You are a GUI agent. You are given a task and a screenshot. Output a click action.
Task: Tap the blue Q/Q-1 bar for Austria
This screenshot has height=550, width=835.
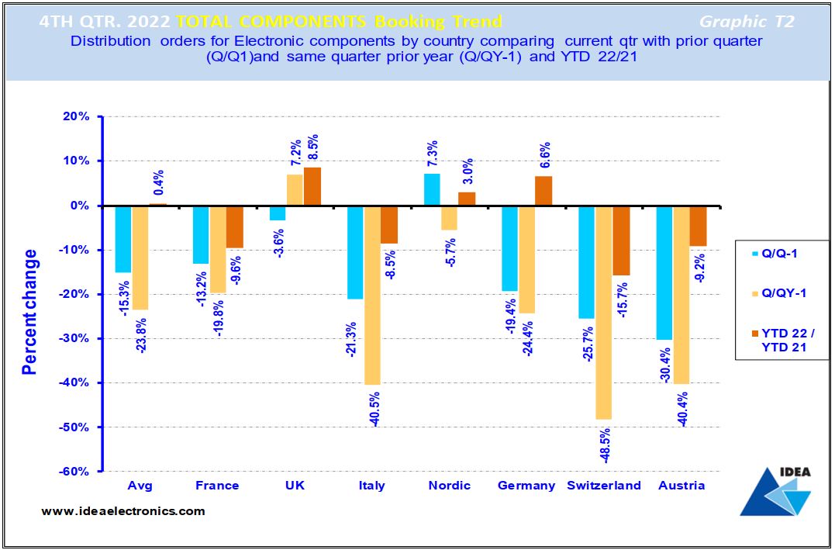(664, 272)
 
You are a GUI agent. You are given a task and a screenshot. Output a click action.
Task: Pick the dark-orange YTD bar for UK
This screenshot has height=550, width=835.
(312, 186)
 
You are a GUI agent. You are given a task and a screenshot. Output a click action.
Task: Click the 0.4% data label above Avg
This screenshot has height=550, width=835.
(158, 183)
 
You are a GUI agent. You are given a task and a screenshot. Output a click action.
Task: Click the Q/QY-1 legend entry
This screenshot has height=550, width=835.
(783, 293)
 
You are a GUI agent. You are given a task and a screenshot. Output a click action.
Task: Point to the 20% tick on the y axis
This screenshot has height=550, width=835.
(77, 117)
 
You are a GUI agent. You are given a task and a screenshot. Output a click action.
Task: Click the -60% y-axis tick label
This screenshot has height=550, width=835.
(74, 472)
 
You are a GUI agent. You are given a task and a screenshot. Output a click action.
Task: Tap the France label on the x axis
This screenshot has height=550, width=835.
(217, 486)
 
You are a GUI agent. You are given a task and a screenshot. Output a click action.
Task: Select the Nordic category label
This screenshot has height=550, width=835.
(450, 486)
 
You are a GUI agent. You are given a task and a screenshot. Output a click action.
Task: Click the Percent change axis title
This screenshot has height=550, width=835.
(30, 311)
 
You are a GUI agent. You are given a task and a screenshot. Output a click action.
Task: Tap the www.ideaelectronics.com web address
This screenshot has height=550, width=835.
(123, 511)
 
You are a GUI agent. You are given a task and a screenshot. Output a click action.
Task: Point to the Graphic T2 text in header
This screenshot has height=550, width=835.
(747, 22)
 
